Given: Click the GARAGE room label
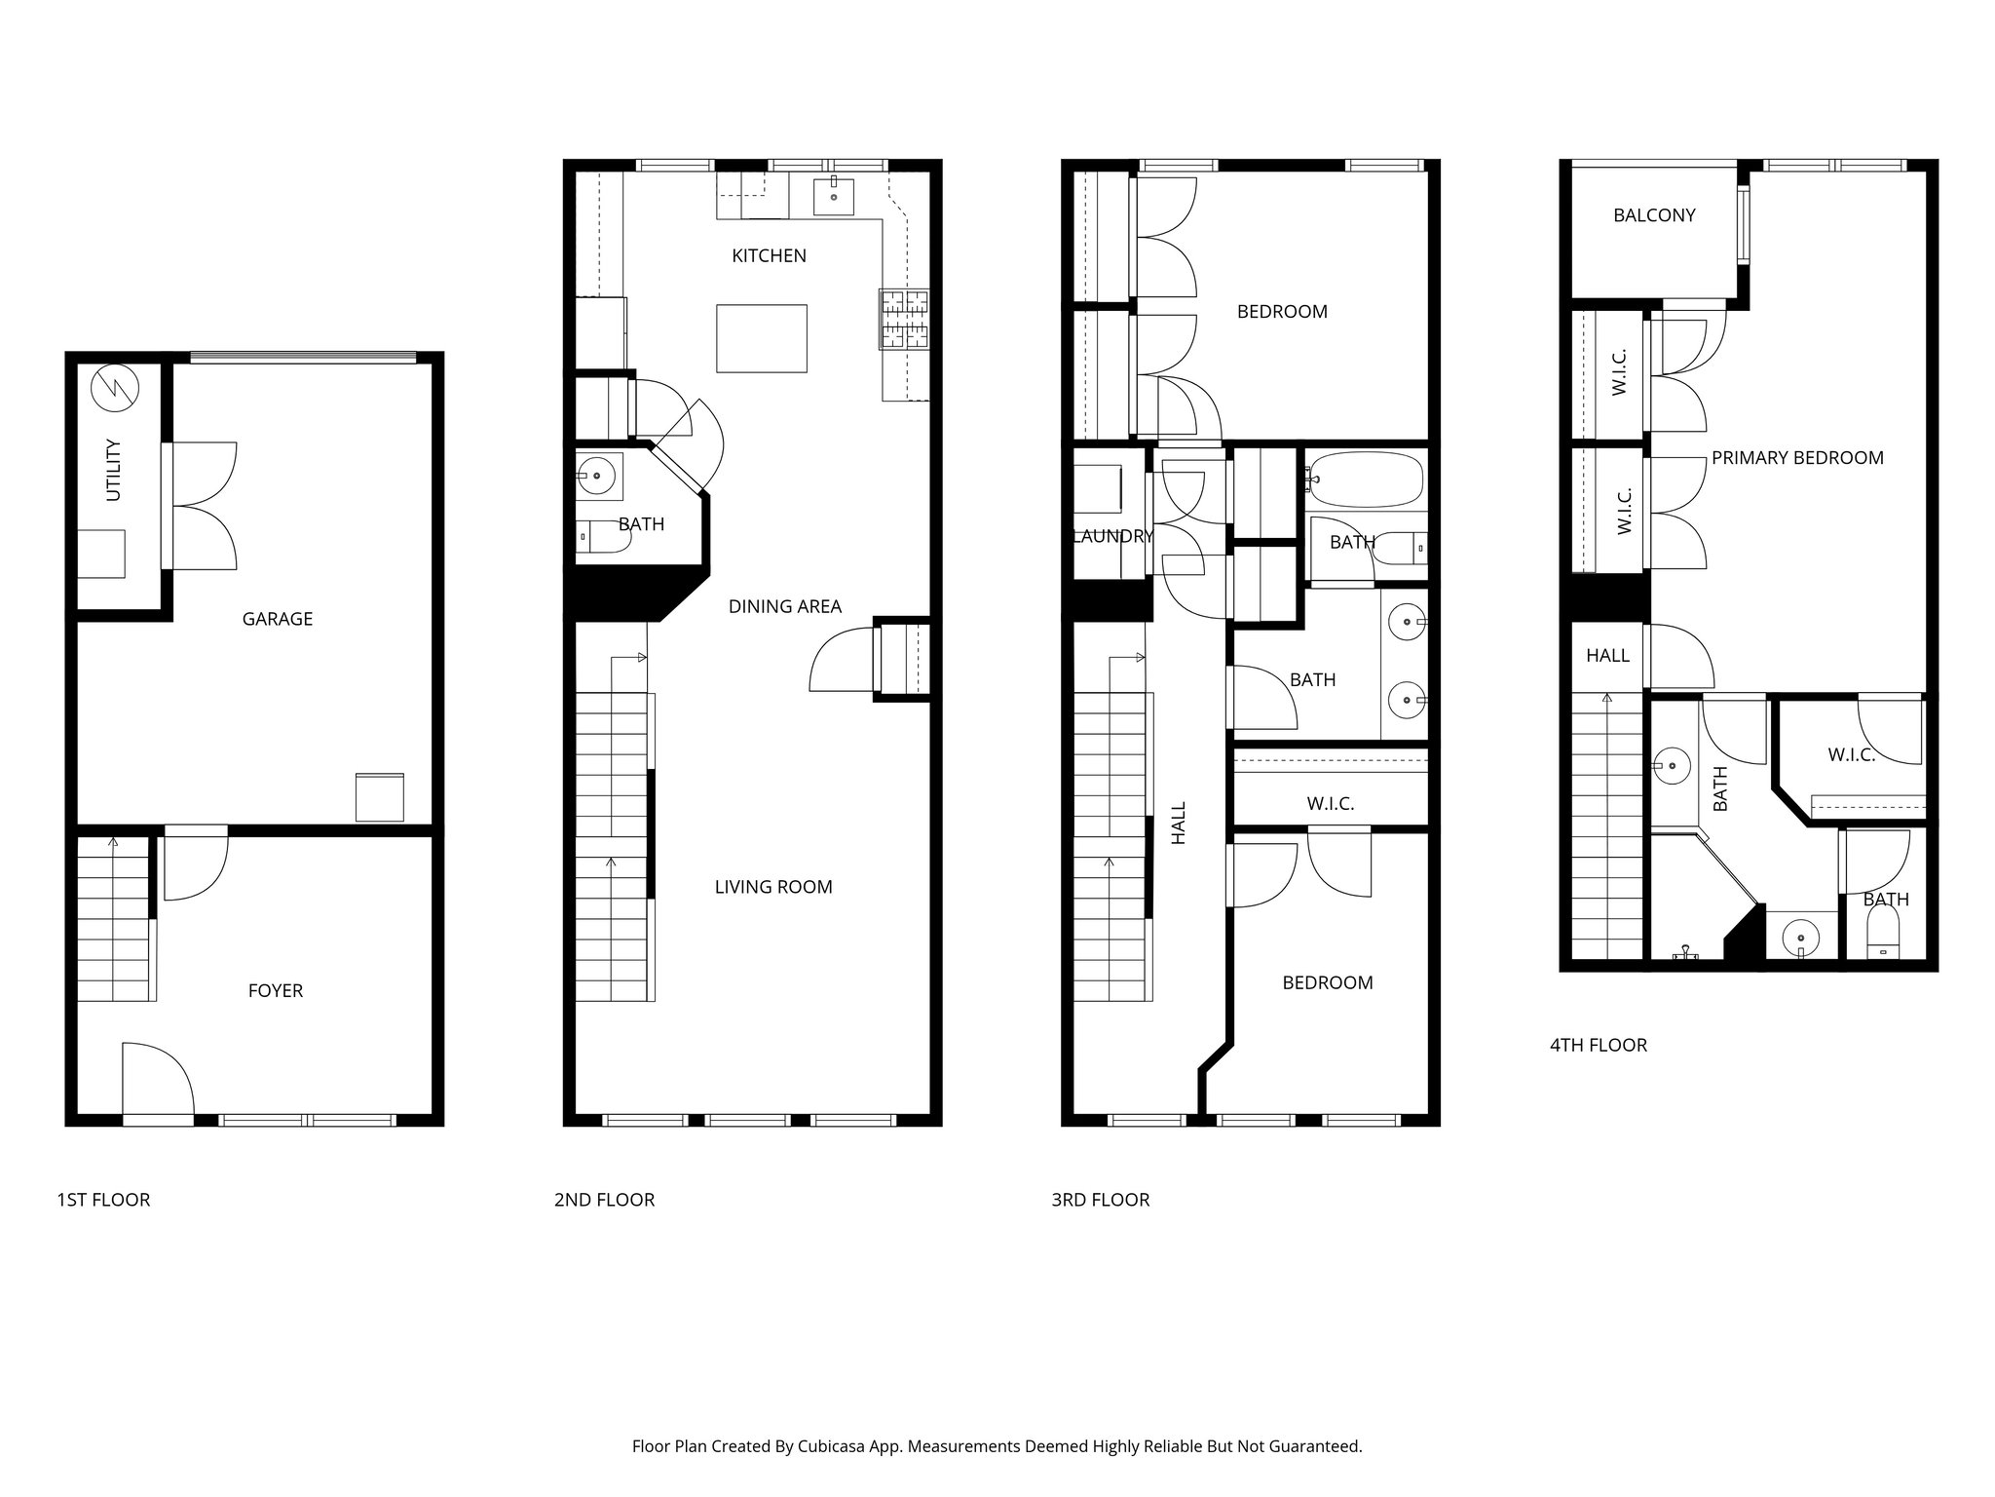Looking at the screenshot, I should point(278,619).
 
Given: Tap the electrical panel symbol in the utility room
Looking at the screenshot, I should point(115,389).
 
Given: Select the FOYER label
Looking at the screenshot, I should point(276,991).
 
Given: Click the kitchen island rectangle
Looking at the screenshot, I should point(761,338).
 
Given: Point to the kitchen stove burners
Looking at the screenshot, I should point(905,319).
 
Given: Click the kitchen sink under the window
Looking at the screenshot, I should point(835,196).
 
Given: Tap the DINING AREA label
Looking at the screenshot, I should point(784,606).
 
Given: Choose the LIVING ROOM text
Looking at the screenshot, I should point(773,887).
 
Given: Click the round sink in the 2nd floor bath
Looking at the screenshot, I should point(595,477).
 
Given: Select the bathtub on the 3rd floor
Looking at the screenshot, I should point(1365,480).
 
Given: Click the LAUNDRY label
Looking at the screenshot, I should point(1112,536).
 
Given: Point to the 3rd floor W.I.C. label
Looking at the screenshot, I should point(1330,804).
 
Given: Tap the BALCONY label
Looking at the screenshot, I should point(1654,215).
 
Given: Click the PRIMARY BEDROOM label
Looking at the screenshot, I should point(1797,458).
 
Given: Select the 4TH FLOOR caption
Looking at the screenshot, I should point(1598,1045).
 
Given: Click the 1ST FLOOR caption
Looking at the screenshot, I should point(103,1200).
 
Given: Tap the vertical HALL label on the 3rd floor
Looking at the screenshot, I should point(1179,823).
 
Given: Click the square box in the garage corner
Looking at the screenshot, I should point(379,797).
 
